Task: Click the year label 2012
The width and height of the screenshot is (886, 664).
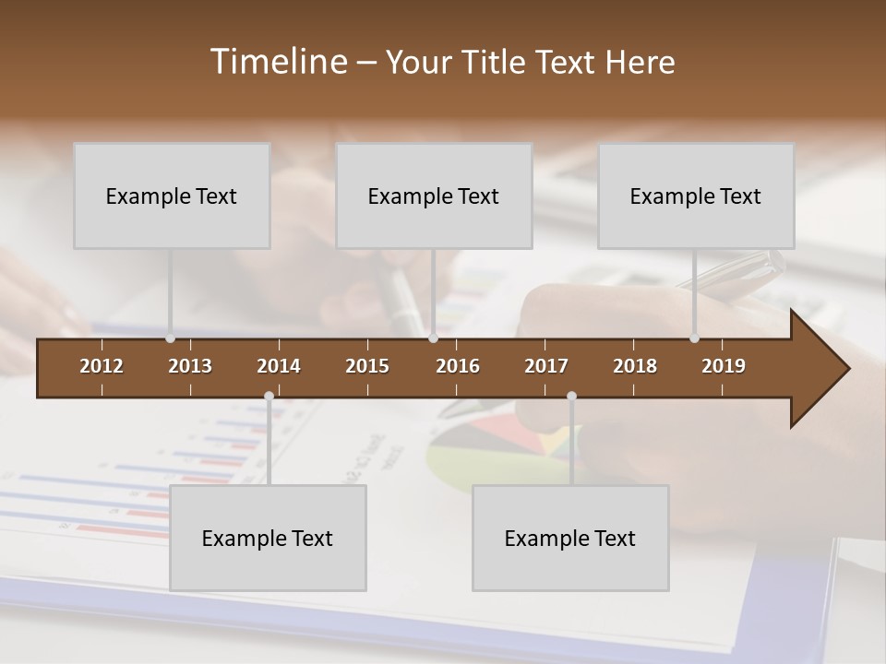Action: pos(102,366)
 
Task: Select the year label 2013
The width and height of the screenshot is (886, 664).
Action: pos(190,366)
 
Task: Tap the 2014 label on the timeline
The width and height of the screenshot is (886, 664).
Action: pos(279,366)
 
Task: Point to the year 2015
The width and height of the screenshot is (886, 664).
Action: pos(367,366)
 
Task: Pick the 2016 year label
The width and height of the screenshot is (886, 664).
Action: pos(458,366)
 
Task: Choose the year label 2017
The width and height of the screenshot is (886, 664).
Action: pos(546,366)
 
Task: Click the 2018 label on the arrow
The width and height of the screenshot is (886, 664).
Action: pos(635,366)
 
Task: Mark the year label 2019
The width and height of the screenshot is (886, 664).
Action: pos(724,366)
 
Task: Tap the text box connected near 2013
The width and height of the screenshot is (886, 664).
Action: pos(172,196)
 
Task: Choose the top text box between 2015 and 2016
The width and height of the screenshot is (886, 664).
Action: pos(434,196)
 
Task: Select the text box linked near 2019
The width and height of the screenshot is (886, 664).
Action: pos(696,196)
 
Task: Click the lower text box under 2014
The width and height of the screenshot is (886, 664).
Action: pos(268,538)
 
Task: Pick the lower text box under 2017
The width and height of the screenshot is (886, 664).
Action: pos(570,538)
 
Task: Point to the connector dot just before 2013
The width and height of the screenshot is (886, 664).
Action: pos(170,338)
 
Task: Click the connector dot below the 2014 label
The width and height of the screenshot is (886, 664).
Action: pos(269,397)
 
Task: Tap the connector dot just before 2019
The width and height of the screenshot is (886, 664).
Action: pos(694,338)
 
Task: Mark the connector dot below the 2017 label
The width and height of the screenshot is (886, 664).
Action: pos(571,397)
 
